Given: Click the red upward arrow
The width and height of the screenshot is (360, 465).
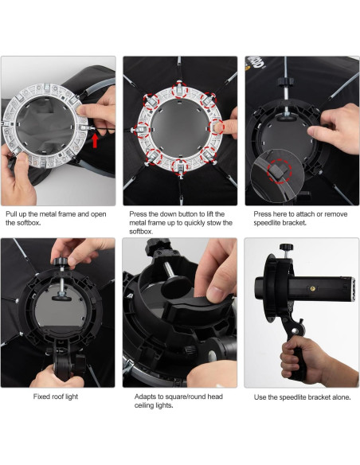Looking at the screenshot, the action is coord(95,140).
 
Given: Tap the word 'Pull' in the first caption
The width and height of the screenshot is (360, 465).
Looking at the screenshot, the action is coord(11,214).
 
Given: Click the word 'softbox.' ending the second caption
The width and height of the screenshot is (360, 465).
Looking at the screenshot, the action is coord(141,232).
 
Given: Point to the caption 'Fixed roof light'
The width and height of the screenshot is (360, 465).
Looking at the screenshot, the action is coord(56,397).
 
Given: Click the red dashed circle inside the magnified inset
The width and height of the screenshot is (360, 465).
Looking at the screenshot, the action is coord(279,171).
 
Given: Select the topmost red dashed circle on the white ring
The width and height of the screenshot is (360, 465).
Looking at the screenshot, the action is coord(180,90).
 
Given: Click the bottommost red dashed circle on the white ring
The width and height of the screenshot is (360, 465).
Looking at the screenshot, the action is coord(180,167).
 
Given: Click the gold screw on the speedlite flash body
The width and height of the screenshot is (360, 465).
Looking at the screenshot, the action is coord(312,288).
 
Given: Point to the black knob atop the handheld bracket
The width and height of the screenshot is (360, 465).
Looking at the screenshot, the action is coord(286,247).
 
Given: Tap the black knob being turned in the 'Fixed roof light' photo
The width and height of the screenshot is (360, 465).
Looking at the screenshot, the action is coord(61,261).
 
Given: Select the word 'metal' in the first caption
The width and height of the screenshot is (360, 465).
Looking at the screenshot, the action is coord(49,214).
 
